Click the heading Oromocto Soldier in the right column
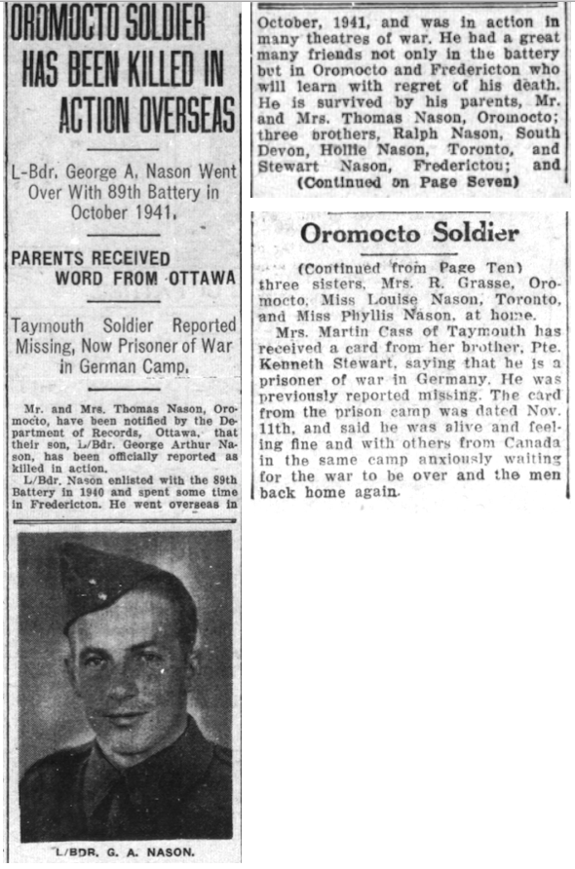[409, 234]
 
